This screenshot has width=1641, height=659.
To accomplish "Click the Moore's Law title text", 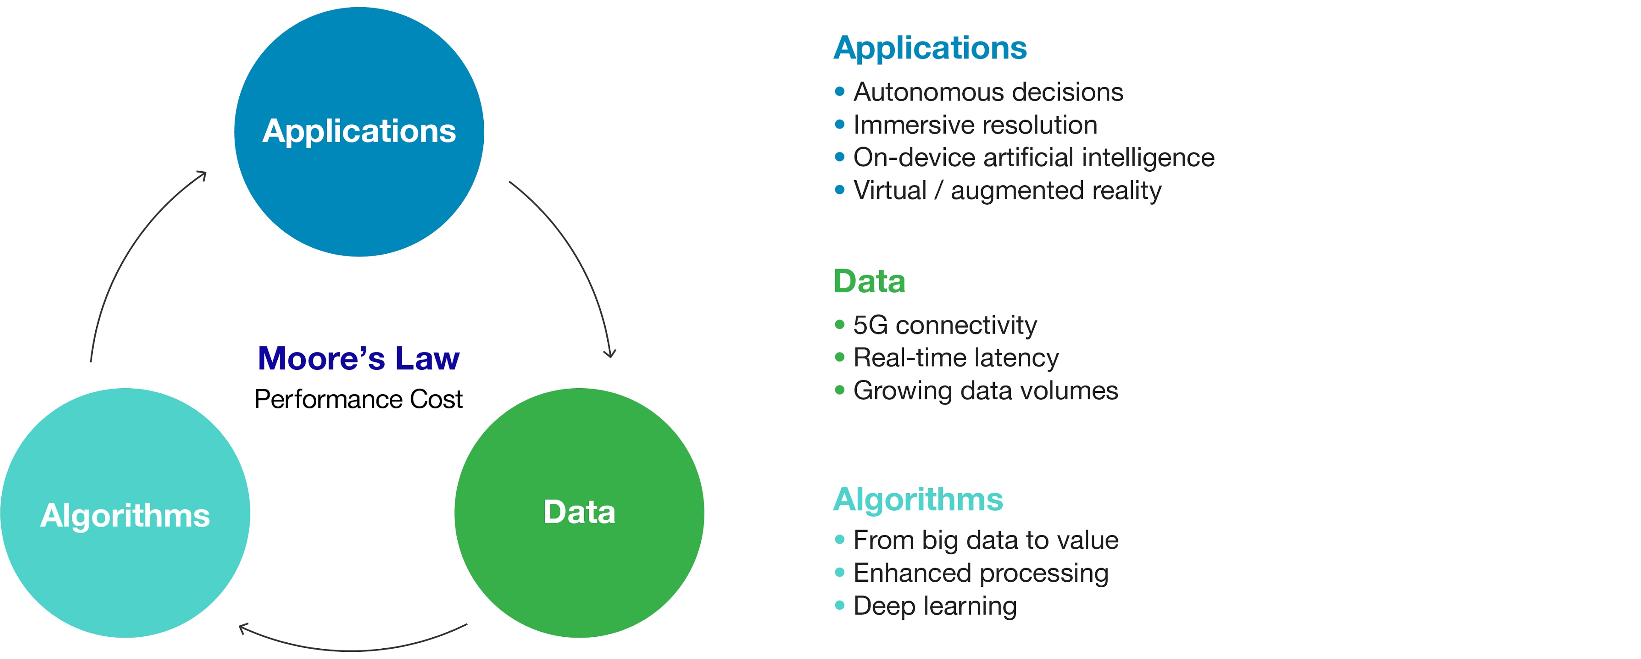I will (359, 358).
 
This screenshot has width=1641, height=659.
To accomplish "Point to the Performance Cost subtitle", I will (359, 399).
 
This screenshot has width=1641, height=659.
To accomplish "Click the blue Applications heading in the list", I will (930, 48).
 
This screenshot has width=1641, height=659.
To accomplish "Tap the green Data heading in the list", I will (869, 281).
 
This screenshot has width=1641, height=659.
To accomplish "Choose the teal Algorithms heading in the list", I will (918, 499).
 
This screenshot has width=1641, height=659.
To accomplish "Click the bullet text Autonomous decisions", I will (988, 92).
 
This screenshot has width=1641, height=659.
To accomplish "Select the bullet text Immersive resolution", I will (975, 125).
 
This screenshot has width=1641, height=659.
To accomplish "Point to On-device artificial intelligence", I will (1033, 157).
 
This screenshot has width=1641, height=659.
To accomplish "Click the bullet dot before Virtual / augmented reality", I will (840, 190).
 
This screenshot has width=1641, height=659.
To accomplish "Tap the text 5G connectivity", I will (945, 325).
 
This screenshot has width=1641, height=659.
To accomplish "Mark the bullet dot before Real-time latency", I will (840, 357).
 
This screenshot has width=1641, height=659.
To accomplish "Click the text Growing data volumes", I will (985, 390).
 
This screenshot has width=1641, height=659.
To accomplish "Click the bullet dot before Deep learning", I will (840, 605).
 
